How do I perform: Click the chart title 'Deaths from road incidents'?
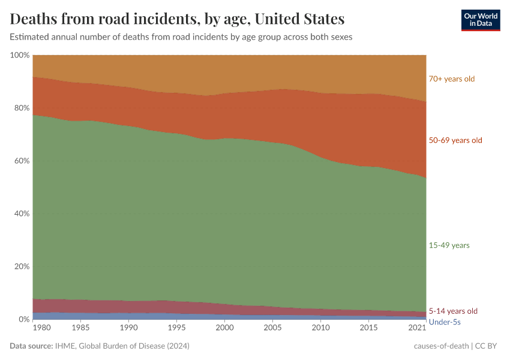(177, 19)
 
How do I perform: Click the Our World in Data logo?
(480, 20)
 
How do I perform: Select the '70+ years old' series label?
(451, 79)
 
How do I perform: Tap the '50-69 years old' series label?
(455, 140)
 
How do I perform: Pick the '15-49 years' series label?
(449, 245)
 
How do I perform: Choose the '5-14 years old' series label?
(453, 311)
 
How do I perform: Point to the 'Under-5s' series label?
(445, 322)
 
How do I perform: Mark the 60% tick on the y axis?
(21, 161)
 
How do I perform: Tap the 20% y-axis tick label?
(21, 266)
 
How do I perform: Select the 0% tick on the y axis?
(23, 319)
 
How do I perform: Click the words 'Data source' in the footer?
(31, 346)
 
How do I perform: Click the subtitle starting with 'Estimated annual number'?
(181, 37)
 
